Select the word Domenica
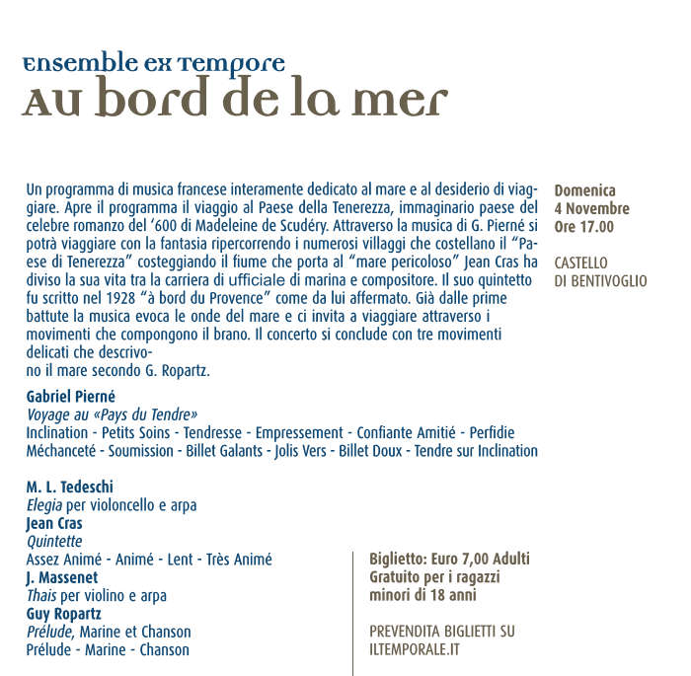point(584,190)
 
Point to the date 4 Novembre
point(591,208)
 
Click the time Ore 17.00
point(583,226)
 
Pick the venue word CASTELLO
point(581,263)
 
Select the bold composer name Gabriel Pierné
point(71,397)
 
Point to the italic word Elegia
point(44,505)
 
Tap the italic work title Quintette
point(54,542)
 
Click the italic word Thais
point(41,595)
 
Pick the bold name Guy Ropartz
point(64,613)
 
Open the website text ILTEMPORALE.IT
point(415,649)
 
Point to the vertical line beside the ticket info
point(352,612)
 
